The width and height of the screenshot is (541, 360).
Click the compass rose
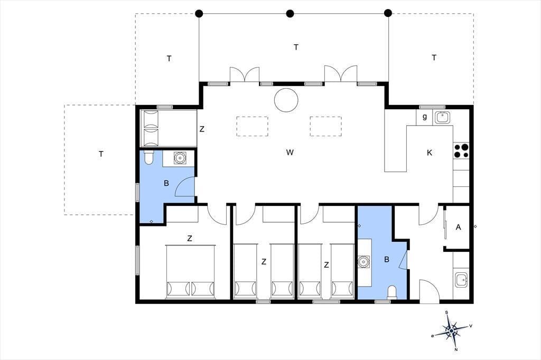point(452,330)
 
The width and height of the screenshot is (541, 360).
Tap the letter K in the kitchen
point(430,153)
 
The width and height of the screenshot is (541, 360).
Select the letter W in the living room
point(290,153)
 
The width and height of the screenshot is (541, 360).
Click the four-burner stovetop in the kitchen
point(461,151)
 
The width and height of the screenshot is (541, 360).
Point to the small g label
point(425,117)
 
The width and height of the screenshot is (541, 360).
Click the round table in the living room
point(286,100)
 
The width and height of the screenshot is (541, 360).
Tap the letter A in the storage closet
point(458,227)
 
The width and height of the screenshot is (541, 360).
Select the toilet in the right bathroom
point(393,292)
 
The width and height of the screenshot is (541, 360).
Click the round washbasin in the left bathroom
point(180,158)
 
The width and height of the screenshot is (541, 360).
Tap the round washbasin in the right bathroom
point(363,262)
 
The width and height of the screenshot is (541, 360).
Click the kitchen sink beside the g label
point(442,118)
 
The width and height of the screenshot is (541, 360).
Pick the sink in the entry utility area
point(461,280)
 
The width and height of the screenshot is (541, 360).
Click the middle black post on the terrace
point(290,13)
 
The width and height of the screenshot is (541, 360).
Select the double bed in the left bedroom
point(190,272)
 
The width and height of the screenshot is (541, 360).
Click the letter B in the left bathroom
point(166,184)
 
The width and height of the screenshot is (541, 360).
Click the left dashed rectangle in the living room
point(252,126)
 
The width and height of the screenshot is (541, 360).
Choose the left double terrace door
point(245,74)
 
